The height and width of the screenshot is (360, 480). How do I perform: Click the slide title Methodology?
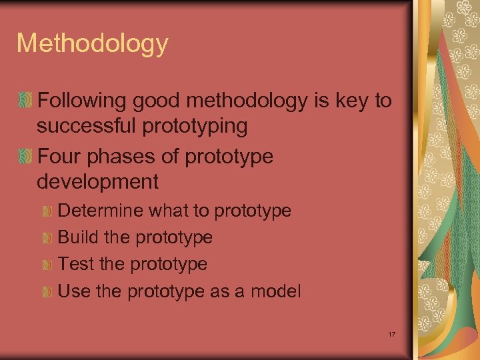[x=92, y=44]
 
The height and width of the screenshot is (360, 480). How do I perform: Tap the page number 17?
[x=391, y=333]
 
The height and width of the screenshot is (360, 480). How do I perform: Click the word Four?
[x=58, y=157]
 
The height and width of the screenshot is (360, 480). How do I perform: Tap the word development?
[x=97, y=181]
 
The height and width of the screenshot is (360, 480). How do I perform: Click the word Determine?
[x=101, y=211]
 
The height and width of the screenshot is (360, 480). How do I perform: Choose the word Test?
[x=76, y=264]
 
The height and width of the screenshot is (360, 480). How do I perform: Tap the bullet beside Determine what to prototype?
[x=47, y=211]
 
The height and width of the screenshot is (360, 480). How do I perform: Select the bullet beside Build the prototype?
[x=47, y=238]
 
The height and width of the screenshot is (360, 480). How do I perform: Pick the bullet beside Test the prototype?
[x=47, y=265]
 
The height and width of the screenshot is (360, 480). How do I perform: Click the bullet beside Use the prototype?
[x=47, y=291]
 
